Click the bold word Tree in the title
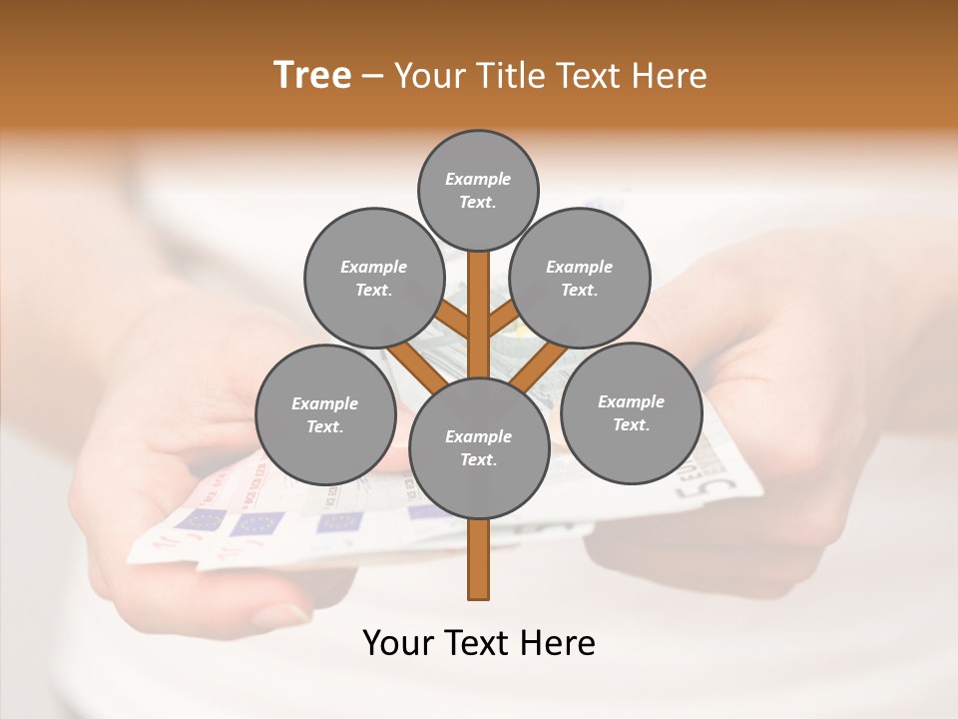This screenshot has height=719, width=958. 312,76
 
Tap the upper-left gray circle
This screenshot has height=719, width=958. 373,278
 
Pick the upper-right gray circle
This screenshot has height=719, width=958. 580,278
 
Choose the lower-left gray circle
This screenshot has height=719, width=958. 325,414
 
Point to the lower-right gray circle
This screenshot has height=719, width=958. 631,412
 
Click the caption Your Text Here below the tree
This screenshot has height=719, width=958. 479,643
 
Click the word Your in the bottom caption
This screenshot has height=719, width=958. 395,643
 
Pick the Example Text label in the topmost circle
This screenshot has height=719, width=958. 478,191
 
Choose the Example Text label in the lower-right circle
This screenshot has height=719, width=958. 631,413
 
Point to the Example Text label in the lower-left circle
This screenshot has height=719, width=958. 325,415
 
